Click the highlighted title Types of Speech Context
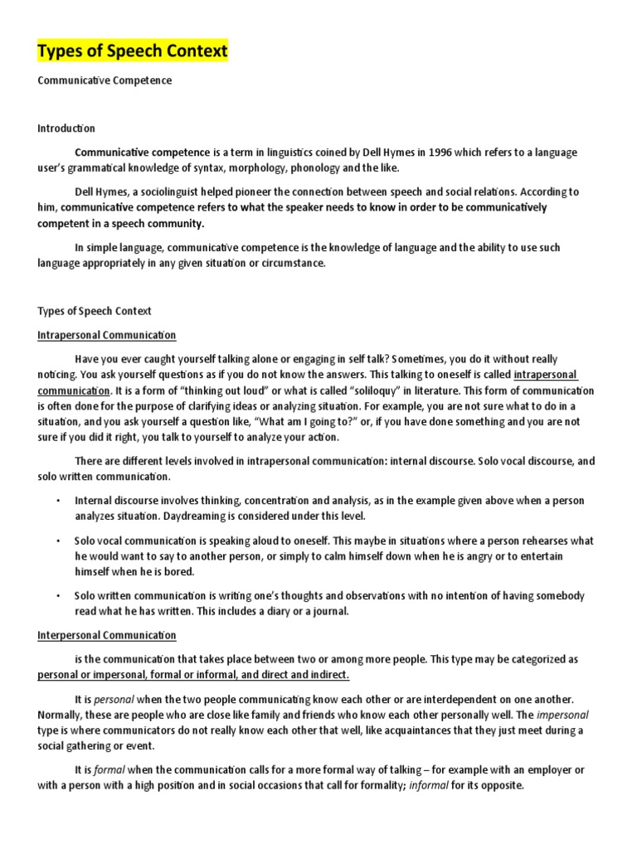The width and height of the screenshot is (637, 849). click(x=133, y=51)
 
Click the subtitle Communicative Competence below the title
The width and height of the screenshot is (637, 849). click(x=105, y=80)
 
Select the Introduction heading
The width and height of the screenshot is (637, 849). click(x=66, y=129)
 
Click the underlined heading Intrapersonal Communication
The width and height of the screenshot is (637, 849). click(x=107, y=335)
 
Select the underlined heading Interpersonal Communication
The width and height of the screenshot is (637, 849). click(x=107, y=635)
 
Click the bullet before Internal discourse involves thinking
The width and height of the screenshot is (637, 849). click(x=57, y=502)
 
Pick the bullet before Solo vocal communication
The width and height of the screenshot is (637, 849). click(x=57, y=541)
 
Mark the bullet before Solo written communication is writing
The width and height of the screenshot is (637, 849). click(x=57, y=596)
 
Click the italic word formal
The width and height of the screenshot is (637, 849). click(x=108, y=770)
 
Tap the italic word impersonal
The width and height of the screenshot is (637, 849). click(x=564, y=715)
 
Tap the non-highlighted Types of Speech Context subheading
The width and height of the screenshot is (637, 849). click(x=95, y=311)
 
